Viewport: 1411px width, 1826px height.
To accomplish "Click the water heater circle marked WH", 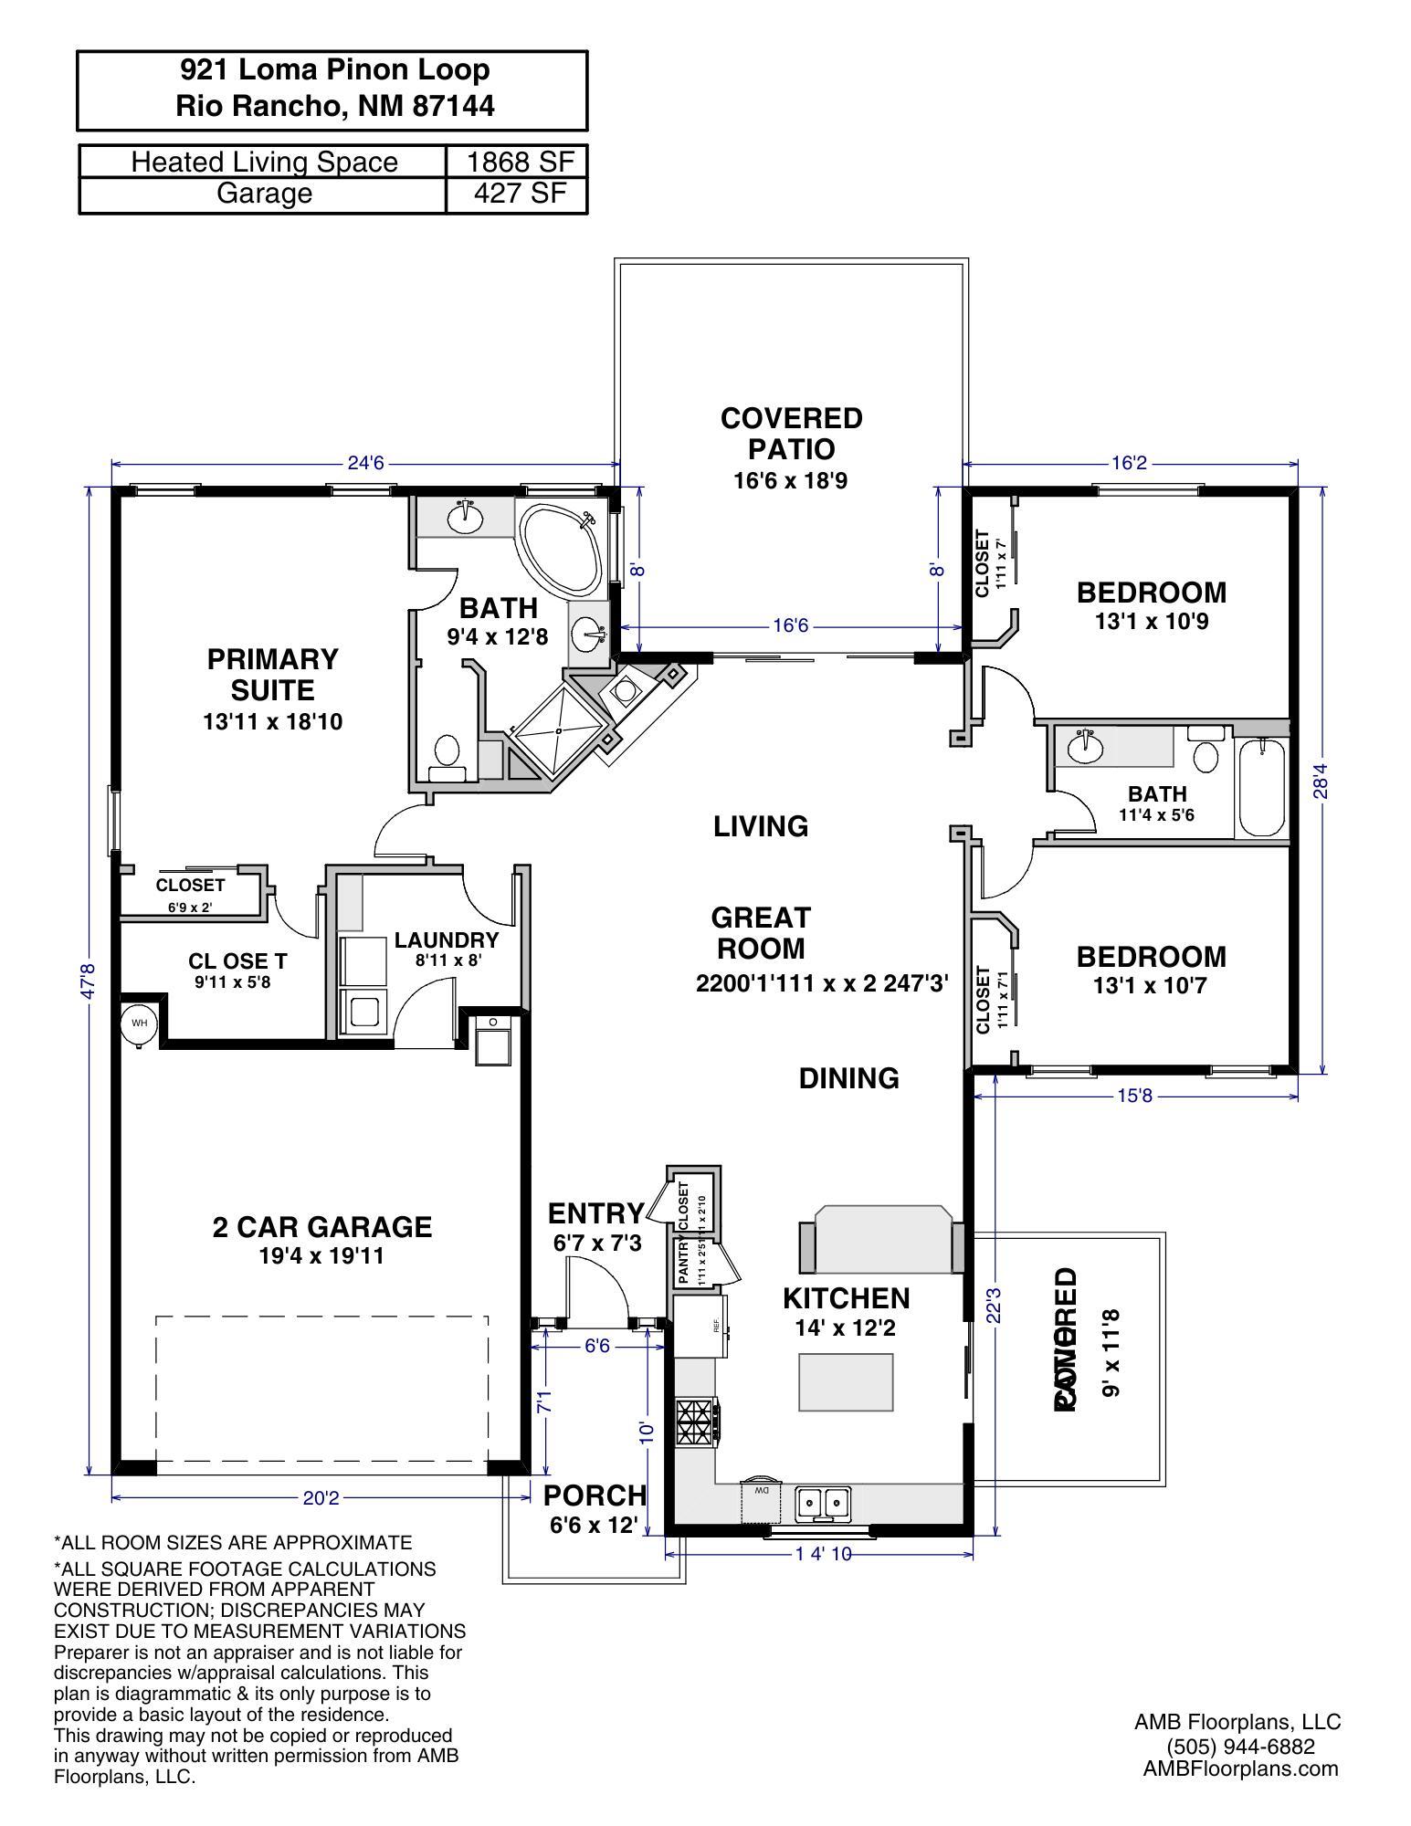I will coord(139,1023).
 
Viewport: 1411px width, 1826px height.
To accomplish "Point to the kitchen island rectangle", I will coord(846,1382).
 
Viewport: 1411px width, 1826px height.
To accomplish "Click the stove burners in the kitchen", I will coord(694,1422).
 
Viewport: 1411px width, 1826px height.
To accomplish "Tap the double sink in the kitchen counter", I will coord(823,1501).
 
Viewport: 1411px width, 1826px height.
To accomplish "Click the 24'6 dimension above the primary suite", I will coord(366,463).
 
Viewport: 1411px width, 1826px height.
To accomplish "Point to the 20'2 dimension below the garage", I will coord(321,1497).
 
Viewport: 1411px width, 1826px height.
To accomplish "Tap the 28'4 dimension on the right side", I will coord(1321,781).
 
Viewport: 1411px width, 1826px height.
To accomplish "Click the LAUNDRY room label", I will coord(447,940).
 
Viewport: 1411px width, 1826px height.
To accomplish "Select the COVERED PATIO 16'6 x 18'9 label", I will coord(791,447).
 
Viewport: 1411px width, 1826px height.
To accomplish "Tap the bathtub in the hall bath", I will coord(1261,787).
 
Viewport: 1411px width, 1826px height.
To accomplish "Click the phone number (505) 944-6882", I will coord(1240,1746).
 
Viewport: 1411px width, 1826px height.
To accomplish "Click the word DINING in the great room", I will coord(848,1078).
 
